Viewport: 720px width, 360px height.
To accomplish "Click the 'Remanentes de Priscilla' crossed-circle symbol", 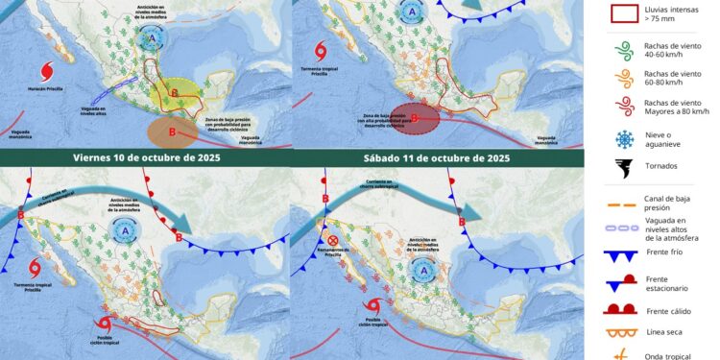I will (332, 241).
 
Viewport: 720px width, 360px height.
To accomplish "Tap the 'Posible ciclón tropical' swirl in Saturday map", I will (372, 306).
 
